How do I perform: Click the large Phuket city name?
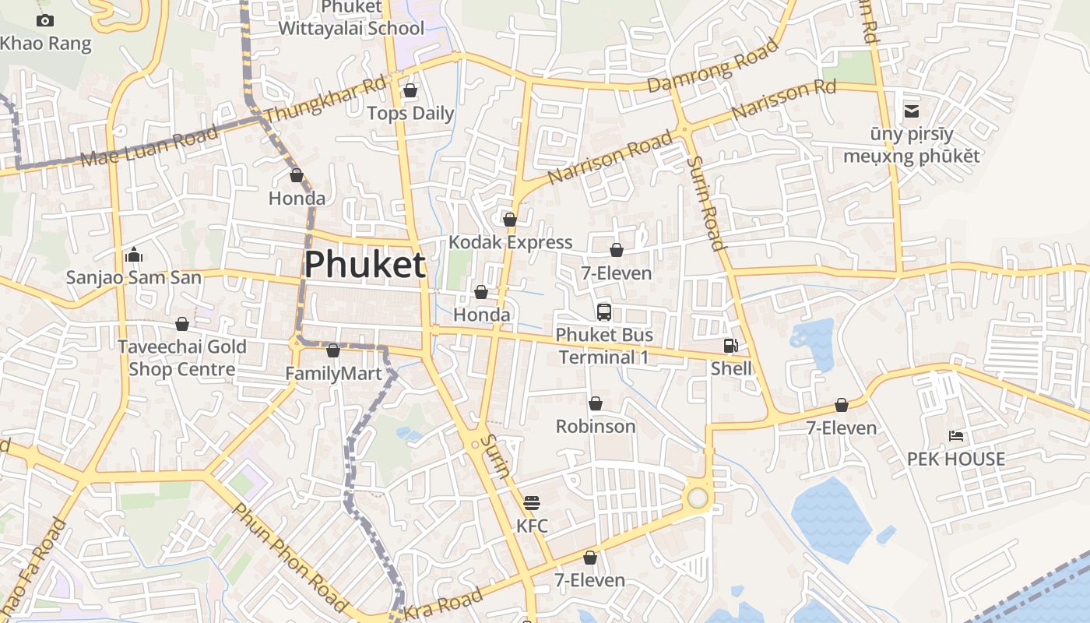coord(364,265)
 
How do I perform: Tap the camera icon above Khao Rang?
coord(45,21)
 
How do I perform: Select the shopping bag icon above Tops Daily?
coord(410,91)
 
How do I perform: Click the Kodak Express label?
coord(510,242)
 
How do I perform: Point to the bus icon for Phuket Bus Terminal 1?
coord(603,312)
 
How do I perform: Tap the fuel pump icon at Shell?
coord(730,346)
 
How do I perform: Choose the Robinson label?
coord(596,426)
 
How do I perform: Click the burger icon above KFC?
coord(532,503)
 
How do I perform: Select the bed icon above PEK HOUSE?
coord(956,436)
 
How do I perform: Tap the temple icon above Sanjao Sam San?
coord(133,255)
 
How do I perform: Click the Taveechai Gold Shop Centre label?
coord(182,357)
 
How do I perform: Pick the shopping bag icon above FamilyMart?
coord(333,351)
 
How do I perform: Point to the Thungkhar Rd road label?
coord(325,100)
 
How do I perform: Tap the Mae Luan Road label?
coord(150,147)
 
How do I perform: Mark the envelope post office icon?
coord(911,111)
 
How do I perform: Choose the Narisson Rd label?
coord(784,99)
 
